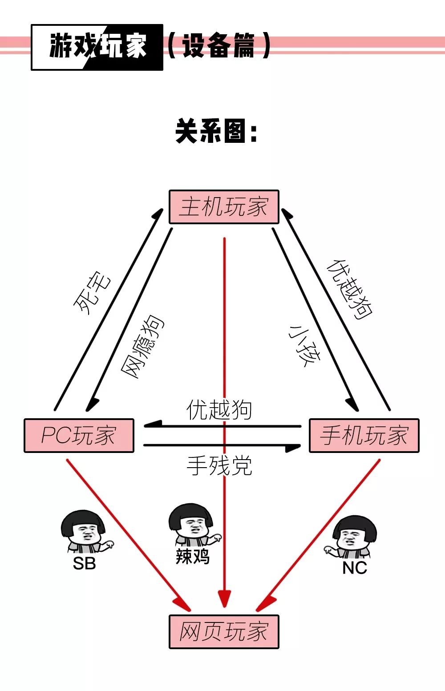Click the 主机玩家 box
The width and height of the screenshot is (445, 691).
[224, 207]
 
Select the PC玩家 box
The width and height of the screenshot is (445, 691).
[79, 436]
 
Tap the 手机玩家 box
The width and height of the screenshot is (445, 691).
[364, 436]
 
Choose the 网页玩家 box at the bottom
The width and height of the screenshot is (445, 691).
[224, 632]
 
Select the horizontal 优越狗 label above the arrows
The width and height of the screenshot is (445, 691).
[219, 410]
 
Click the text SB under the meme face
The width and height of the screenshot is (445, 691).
[84, 564]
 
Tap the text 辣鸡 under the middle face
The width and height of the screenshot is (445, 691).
[192, 557]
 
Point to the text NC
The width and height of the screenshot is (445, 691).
[354, 568]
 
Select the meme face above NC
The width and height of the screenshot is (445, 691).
[353, 536]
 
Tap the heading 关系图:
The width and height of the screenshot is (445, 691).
[217, 131]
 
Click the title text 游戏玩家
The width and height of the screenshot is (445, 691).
[97, 47]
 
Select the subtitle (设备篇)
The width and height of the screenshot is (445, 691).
[218, 46]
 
